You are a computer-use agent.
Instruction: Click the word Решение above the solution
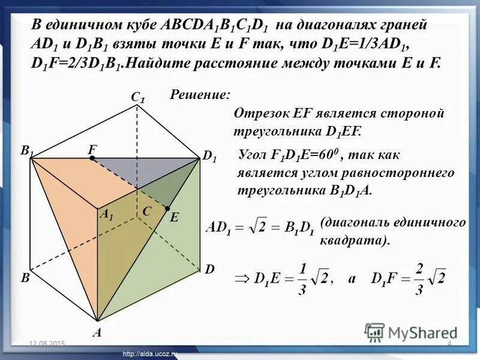click(x=200, y=94)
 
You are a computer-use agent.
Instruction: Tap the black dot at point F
click(x=92, y=159)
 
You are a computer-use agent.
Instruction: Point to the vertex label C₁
click(x=139, y=97)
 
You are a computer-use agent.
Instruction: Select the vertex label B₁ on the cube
click(x=27, y=152)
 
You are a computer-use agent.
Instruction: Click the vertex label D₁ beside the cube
click(x=209, y=157)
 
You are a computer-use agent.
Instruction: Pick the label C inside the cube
click(x=146, y=211)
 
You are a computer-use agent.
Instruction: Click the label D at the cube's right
click(x=209, y=270)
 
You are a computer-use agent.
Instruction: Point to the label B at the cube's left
click(x=25, y=278)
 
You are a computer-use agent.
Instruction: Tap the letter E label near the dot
click(x=174, y=219)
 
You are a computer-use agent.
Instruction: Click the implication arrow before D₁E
click(x=241, y=279)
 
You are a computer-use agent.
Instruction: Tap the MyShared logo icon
click(x=374, y=332)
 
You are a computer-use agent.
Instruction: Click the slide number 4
click(x=449, y=343)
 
